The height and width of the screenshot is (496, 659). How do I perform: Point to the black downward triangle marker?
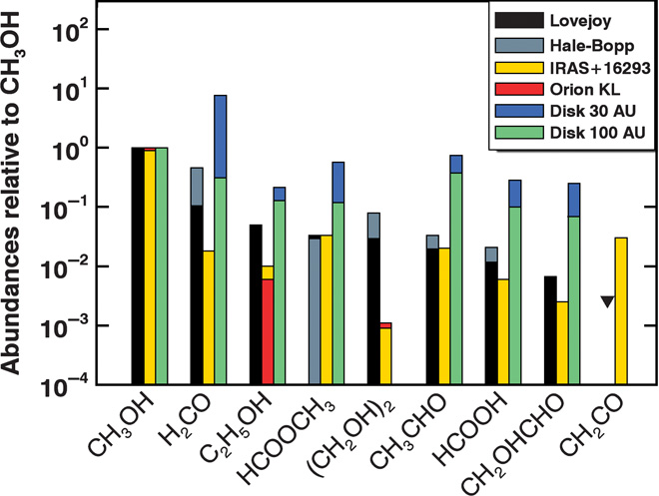pos(607,301)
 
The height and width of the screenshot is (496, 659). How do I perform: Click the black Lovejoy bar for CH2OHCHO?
pos(550,330)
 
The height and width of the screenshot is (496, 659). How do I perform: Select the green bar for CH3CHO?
pos(455,278)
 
